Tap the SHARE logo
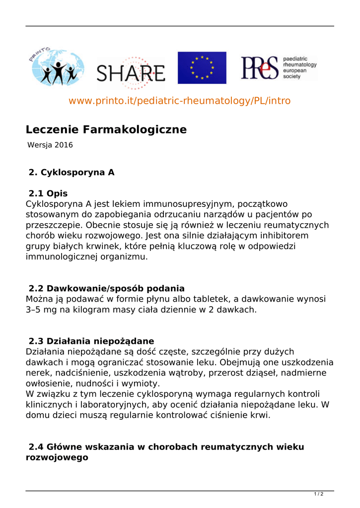(x=131, y=74)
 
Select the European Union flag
(x=202, y=67)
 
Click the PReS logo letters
(x=259, y=67)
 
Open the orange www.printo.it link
(x=179, y=101)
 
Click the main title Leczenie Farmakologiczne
(x=106, y=129)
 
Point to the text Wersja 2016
(x=50, y=145)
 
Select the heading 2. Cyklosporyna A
(x=72, y=173)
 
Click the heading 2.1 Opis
(x=48, y=193)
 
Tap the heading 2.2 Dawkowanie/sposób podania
(x=107, y=288)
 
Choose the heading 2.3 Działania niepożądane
(x=91, y=341)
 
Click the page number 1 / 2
(x=319, y=494)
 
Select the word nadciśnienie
(x=81, y=373)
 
